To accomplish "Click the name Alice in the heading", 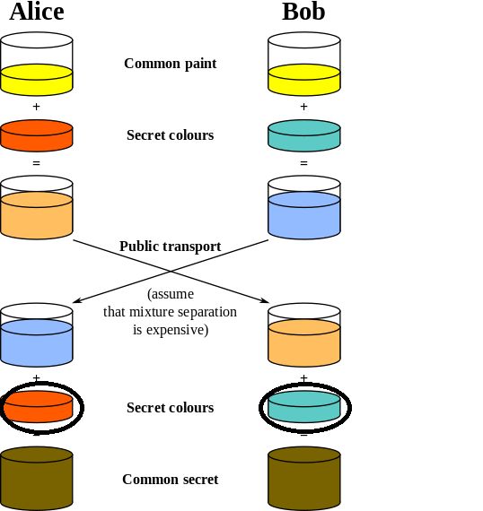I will click(37, 12).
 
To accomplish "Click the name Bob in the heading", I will click(303, 12).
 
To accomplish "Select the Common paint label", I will click(170, 64).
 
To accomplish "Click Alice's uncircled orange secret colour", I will click(37, 134).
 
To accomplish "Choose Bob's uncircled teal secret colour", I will click(304, 134).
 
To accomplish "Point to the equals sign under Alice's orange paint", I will click(37, 163).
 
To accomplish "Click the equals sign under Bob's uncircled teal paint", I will click(303, 163).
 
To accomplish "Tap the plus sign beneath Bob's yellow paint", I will click(303, 106).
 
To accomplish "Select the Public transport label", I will click(170, 247).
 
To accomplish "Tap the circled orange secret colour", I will click(38, 406).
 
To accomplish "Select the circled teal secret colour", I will click(304, 406).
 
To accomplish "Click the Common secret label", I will click(170, 480).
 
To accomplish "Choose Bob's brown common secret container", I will click(304, 479).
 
